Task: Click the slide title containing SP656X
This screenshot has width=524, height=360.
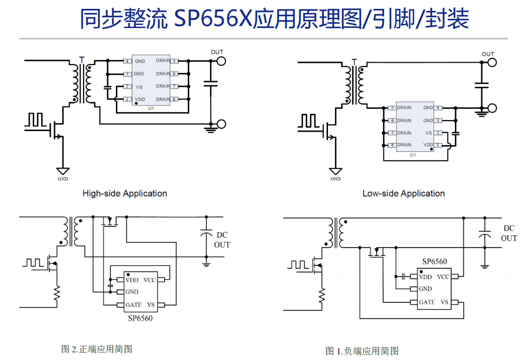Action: tap(274, 19)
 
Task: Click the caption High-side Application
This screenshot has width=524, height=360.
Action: tap(125, 194)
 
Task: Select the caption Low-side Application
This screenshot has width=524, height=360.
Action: tap(403, 194)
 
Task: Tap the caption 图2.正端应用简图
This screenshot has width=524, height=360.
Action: tap(97, 349)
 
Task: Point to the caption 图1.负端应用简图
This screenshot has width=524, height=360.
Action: tap(362, 351)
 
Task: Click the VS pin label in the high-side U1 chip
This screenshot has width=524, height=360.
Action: tap(139, 87)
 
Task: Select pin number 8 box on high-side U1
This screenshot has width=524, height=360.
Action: tap(175, 99)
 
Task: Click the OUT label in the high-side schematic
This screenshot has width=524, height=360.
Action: tap(217, 52)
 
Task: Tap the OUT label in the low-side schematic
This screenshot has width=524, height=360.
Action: tap(488, 54)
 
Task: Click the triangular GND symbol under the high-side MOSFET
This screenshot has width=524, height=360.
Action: tap(63, 171)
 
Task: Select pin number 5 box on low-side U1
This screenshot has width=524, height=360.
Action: tap(391, 108)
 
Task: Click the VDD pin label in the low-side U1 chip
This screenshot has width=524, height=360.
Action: tap(428, 145)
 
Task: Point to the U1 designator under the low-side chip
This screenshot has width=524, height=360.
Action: tap(413, 155)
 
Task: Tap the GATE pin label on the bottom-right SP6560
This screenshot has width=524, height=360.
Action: tap(427, 302)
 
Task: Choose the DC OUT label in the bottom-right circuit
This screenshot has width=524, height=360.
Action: tap(508, 233)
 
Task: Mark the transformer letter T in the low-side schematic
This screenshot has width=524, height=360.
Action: tap(354, 62)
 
